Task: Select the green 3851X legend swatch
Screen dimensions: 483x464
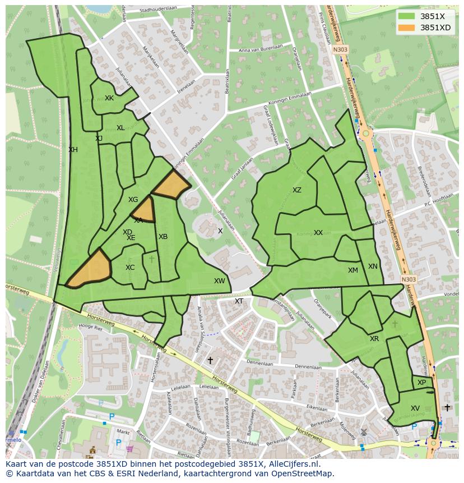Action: (407, 16)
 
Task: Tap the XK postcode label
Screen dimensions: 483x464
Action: (109, 98)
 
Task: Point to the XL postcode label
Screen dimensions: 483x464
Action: (120, 128)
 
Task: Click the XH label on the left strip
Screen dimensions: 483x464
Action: (73, 150)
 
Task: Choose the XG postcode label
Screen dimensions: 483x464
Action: (133, 200)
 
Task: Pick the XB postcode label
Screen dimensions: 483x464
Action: (163, 237)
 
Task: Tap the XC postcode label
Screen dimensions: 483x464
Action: (130, 268)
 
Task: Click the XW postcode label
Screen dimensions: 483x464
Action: (219, 281)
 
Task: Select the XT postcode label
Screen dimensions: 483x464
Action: (239, 301)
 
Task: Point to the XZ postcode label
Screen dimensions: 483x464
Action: (297, 190)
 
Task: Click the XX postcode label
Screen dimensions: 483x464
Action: (318, 233)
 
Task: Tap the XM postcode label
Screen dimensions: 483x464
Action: (352, 270)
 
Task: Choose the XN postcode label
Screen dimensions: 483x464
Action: (373, 266)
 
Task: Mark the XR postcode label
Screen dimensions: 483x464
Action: (374, 339)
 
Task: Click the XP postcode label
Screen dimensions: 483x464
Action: (422, 383)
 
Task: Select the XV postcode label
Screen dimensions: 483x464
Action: (415, 408)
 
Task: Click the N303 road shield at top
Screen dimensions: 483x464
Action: (340, 49)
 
